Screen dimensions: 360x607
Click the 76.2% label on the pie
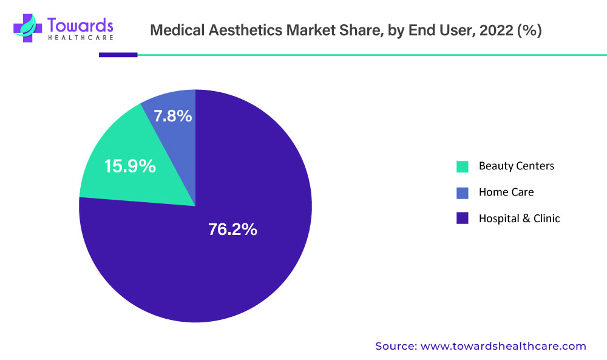tap(232, 229)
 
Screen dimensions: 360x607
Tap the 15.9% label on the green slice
tap(130, 166)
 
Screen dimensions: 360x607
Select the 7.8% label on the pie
tap(173, 115)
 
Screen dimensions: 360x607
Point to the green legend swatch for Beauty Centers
tap(463, 166)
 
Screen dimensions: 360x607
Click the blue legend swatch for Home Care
tap(463, 192)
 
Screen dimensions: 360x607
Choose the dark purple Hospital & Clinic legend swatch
tap(463, 219)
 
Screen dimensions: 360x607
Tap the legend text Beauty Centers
tap(516, 166)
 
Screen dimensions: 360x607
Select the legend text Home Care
tap(506, 192)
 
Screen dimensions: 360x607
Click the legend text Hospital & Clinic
tap(519, 219)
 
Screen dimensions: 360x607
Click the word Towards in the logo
tap(80, 24)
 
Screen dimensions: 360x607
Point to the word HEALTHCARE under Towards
tap(80, 39)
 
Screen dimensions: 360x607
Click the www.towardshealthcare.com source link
tap(504, 346)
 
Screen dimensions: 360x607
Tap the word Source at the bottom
tap(395, 346)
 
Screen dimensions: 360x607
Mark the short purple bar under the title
tap(118, 55)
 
